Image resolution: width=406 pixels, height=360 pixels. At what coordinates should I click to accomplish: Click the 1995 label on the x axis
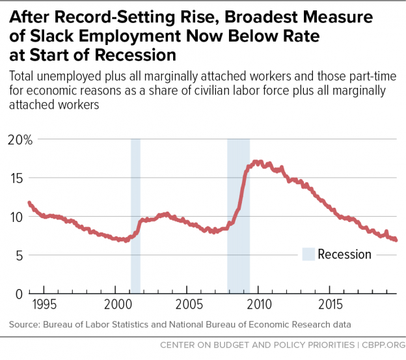coord(44,305)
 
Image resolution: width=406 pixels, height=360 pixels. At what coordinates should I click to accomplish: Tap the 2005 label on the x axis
coord(189,305)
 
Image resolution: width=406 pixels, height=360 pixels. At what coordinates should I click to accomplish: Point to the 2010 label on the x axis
coord(260,305)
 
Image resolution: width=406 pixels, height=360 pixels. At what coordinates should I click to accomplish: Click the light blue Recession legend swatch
coord(308,254)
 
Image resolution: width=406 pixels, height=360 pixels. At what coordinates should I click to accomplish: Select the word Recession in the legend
coord(344,255)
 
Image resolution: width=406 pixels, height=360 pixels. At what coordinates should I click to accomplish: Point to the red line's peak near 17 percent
coord(258,161)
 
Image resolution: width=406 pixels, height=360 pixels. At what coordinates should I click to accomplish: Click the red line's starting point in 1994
coord(29,202)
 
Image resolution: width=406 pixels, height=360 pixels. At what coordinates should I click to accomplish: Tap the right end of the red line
coord(396,240)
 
